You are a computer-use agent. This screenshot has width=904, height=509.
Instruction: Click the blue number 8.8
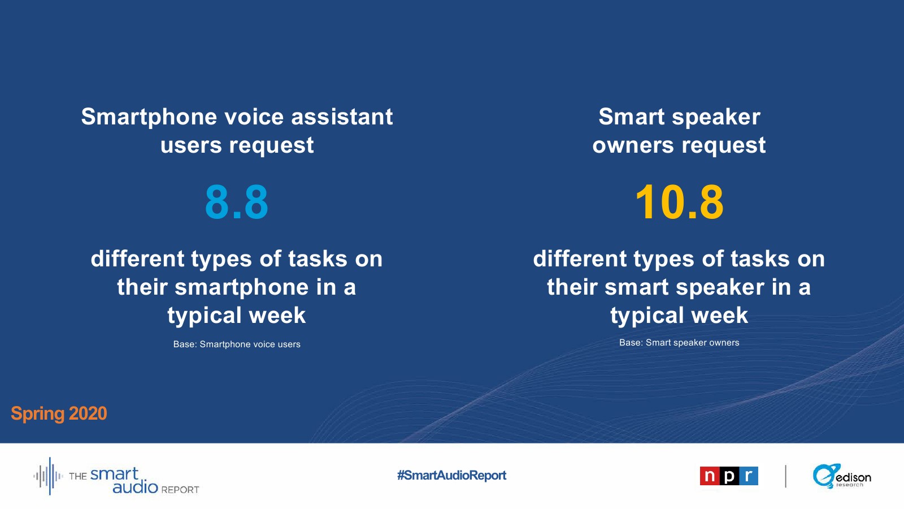point(237,201)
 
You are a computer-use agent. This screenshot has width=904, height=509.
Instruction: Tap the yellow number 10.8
point(679,201)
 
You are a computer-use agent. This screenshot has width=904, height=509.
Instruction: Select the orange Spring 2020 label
point(59,413)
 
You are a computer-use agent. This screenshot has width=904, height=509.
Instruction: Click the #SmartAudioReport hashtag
point(451,475)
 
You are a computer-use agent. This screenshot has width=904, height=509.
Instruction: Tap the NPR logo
point(729,476)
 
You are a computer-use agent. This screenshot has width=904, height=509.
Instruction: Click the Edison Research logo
point(841,476)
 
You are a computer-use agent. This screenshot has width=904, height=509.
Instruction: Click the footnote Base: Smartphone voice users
point(237,344)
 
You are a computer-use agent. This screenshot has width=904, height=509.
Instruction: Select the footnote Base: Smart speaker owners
point(679,343)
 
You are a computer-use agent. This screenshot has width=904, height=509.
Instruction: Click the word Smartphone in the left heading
point(149,117)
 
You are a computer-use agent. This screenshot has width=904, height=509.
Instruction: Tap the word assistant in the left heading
point(342,117)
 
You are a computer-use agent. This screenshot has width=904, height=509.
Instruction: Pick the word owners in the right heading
point(633,145)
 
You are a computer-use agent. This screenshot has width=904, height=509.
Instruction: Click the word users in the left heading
point(191,145)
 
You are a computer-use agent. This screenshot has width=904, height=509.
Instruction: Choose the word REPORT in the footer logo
point(180,490)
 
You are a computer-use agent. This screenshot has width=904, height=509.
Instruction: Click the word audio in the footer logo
point(135,487)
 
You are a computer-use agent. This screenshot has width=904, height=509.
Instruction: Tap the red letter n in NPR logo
point(710,476)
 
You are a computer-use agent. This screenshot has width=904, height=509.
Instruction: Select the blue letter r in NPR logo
point(749,476)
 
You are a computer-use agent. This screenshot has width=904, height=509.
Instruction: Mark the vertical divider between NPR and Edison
point(785,476)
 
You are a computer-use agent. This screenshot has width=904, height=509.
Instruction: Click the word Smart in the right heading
point(631,117)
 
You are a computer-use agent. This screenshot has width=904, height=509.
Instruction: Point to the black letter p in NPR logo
point(729,476)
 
